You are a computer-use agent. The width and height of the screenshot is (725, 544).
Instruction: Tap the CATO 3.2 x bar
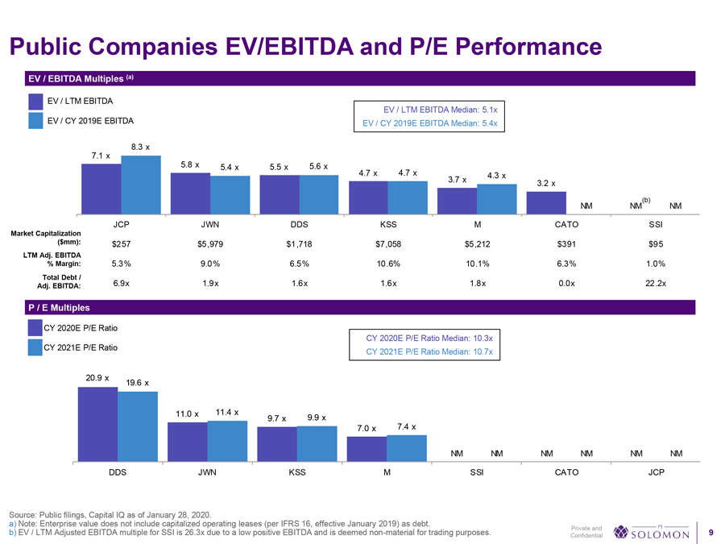(x=545, y=202)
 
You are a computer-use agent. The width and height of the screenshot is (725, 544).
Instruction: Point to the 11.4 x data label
(x=226, y=412)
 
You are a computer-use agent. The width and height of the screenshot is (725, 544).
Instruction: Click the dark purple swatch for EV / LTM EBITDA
(x=35, y=102)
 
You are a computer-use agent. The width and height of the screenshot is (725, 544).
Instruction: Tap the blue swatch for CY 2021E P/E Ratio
(x=35, y=348)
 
